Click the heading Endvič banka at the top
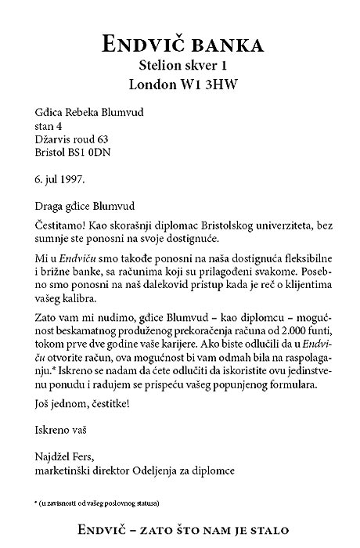coord(180,43)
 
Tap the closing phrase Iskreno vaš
coord(62,430)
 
